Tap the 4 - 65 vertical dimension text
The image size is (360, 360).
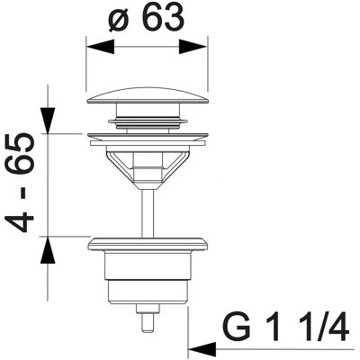20,182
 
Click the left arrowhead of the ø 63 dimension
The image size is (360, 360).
100,47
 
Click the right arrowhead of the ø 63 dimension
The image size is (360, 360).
193,47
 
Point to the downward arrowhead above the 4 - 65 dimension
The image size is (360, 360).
48,121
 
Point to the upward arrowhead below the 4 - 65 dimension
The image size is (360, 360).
48,250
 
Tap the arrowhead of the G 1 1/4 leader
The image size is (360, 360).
202,349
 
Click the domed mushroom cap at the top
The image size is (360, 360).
147,96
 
